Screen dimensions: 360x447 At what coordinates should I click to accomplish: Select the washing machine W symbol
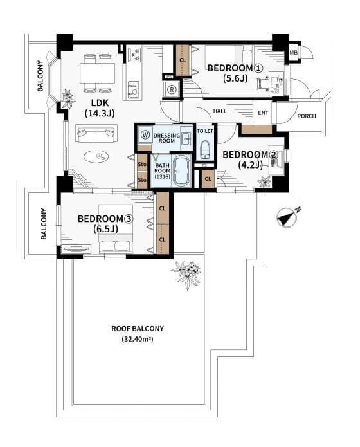pos(146,134)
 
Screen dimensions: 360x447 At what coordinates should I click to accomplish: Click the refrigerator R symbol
pos(172,89)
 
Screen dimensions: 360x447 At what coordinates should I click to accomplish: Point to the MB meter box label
pos(293,53)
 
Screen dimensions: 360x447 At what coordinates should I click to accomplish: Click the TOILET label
pos(205,131)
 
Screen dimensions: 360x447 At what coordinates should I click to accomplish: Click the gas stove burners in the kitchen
pos(134,54)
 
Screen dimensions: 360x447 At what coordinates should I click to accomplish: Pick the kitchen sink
pos(134,89)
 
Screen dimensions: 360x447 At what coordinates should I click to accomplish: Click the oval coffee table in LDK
pos(96,156)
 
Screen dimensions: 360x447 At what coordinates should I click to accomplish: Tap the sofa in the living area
pos(96,133)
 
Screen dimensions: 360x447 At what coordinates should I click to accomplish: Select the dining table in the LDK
pos(98,73)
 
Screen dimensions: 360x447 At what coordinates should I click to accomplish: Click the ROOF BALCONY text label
pos(138,329)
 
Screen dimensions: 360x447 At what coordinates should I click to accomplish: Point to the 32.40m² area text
pos(138,339)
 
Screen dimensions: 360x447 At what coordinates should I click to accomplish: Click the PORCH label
pos(307,116)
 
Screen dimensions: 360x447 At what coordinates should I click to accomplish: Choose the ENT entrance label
pos(263,113)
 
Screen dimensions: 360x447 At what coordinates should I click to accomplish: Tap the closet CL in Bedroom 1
pos(183,60)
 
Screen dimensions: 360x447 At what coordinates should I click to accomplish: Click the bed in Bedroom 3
pos(116,228)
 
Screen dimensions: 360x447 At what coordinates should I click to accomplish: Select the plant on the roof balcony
pos(186,273)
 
